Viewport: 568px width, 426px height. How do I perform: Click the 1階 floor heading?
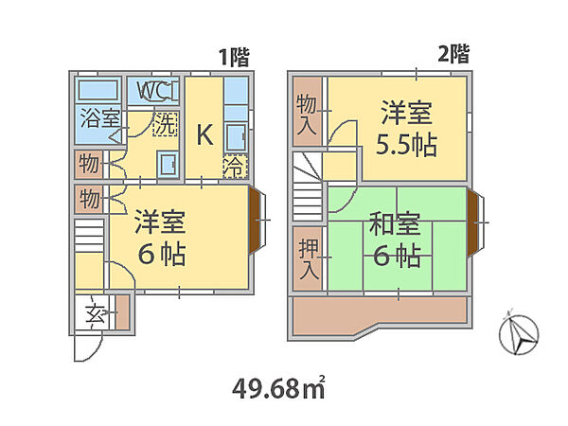coord(235,57)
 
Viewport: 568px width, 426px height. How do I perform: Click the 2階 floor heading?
coord(453,54)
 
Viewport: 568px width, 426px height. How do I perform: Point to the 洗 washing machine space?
coord(165,124)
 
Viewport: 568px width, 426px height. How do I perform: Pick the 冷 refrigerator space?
coord(235,167)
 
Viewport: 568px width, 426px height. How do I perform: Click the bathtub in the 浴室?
coord(98,90)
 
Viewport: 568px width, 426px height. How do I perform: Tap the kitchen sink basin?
coord(236,137)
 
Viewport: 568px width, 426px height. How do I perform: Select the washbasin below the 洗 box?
coord(168,164)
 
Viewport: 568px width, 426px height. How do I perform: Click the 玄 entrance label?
coord(96,313)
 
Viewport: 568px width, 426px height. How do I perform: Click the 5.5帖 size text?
coord(406,145)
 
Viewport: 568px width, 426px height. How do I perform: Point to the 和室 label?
coord(395,223)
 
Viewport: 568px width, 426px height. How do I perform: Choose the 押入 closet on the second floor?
coord(308,258)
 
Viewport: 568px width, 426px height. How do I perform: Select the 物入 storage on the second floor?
coord(307,112)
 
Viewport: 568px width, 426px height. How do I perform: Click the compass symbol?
coord(519,334)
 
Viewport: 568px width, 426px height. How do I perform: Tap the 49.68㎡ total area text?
coord(278,388)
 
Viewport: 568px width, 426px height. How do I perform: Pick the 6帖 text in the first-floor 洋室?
coord(162,255)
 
